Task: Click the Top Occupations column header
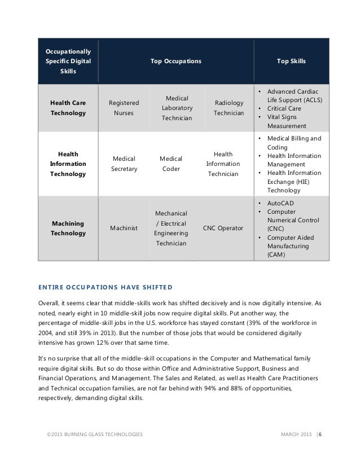pyautogui.click(x=175, y=60)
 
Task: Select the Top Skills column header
pyautogui.click(x=291, y=60)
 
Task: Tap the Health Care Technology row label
pyautogui.click(x=68, y=108)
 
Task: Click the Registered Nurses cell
pyautogui.click(x=124, y=108)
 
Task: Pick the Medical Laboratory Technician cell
pyautogui.click(x=177, y=108)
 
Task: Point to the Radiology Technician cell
pyautogui.click(x=229, y=108)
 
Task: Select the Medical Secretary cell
pyautogui.click(x=124, y=164)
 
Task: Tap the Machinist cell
pyautogui.click(x=124, y=228)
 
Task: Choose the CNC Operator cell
pyautogui.click(x=224, y=227)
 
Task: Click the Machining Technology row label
pyautogui.click(x=68, y=228)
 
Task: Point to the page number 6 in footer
pyautogui.click(x=321, y=433)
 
